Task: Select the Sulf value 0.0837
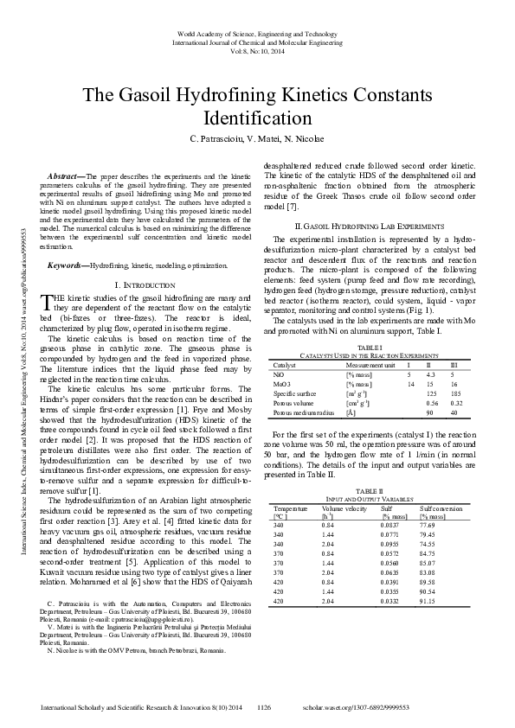392,526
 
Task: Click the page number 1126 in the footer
266,706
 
